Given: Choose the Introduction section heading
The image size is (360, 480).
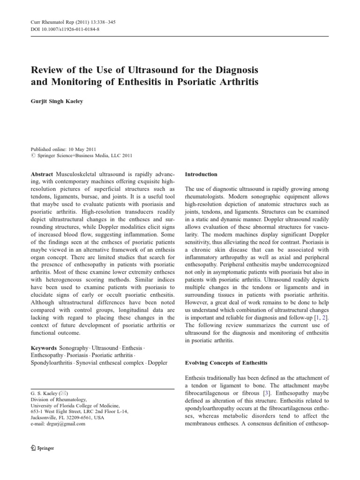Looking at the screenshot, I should pos(201,174).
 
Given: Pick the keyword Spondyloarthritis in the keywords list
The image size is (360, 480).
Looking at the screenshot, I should pos(52,363).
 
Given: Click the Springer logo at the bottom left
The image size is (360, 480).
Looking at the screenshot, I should pos(42,448).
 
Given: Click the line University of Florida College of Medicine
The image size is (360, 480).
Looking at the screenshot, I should pos(75,405).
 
